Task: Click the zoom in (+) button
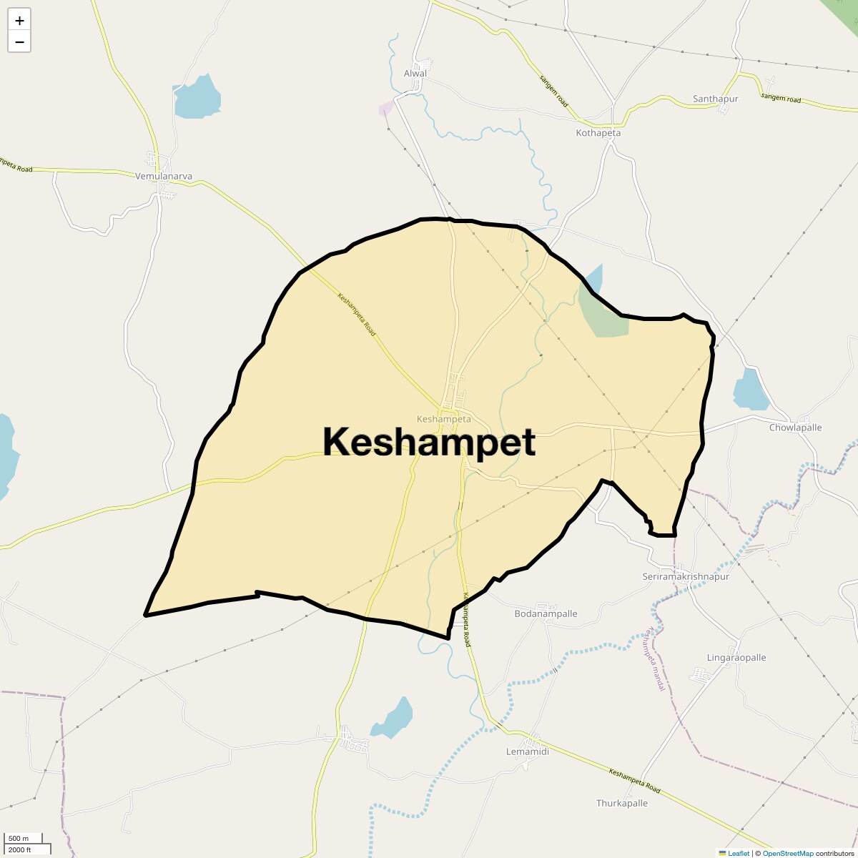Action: [19, 20]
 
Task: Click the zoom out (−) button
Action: [19, 41]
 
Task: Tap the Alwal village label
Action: [415, 74]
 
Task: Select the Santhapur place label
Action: [715, 99]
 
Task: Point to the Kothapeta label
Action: [598, 133]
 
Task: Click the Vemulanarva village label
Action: [164, 176]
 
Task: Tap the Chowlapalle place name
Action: [795, 428]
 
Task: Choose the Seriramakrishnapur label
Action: [686, 576]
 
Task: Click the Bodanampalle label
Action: [546, 613]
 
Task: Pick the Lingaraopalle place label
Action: [736, 658]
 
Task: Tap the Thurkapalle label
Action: [622, 803]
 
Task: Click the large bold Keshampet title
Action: [429, 442]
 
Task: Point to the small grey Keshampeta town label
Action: [443, 418]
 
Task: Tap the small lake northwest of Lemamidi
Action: [394, 719]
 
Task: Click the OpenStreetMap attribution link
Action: [788, 853]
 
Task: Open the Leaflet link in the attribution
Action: [738, 853]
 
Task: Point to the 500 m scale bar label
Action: [19, 839]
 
